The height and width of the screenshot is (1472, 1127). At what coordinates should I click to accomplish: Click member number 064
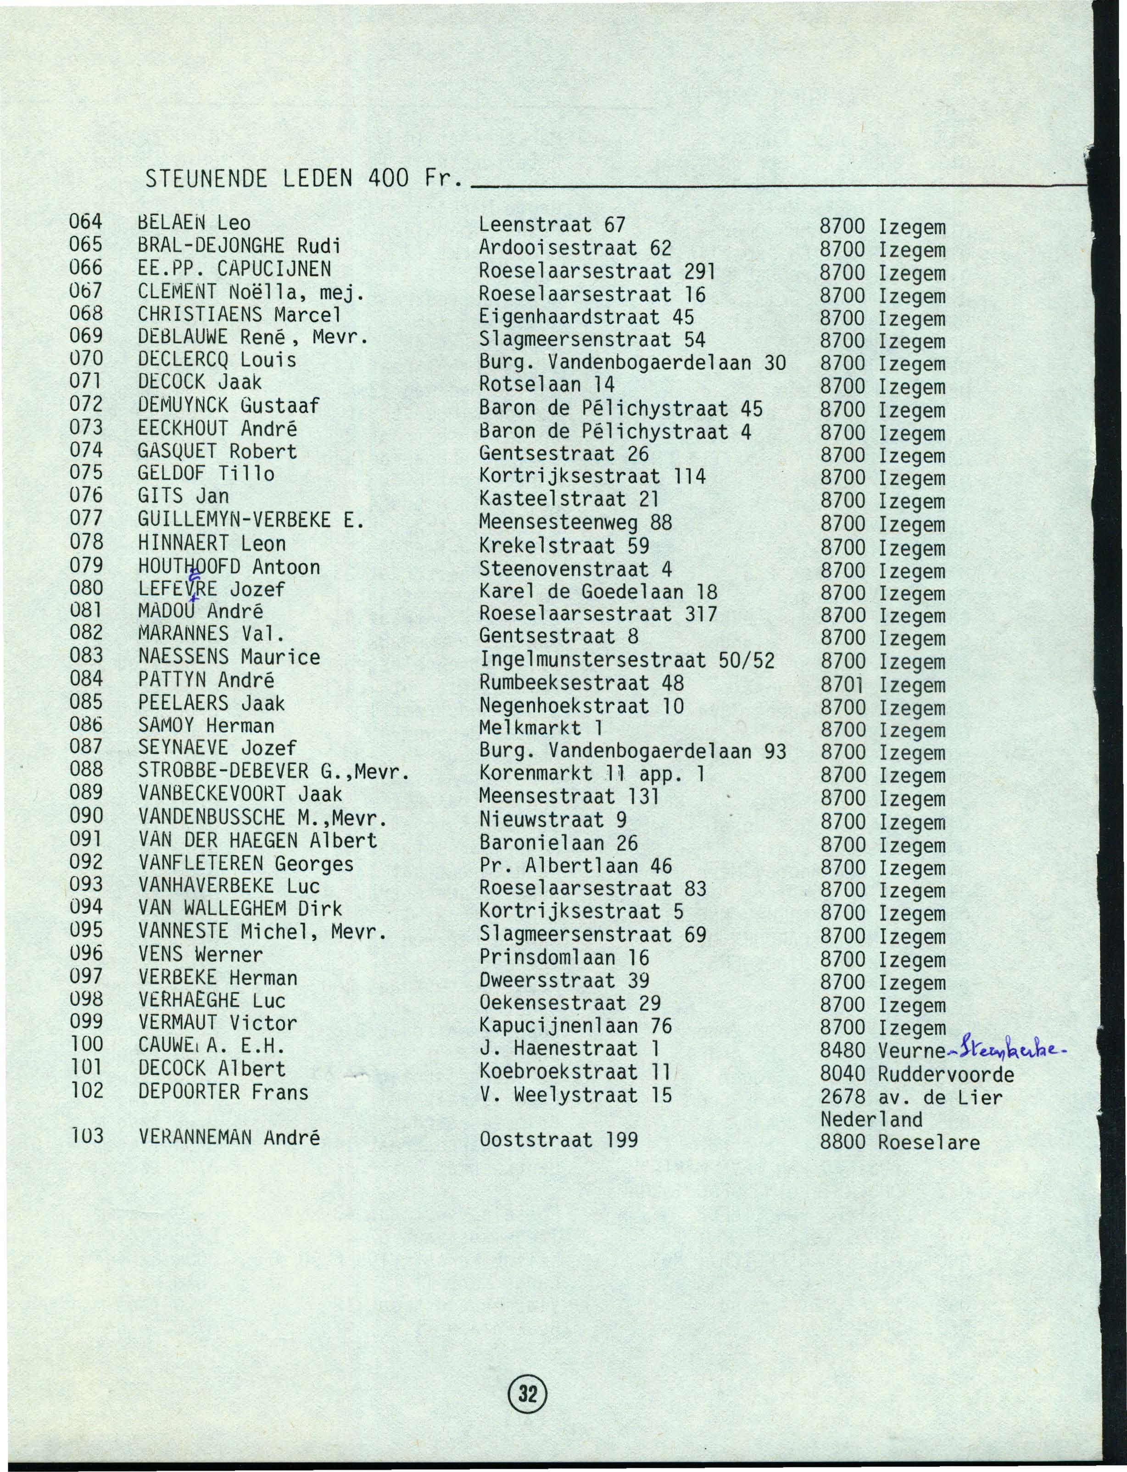click(86, 221)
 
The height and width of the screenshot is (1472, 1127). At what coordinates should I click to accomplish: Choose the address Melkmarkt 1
click(541, 728)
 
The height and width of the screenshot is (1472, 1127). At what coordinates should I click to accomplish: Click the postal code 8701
click(843, 684)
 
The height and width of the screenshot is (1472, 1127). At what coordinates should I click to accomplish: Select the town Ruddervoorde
click(945, 1074)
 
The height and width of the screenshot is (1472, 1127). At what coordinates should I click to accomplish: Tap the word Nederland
click(871, 1119)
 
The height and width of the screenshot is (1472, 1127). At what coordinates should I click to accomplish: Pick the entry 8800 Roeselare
click(899, 1142)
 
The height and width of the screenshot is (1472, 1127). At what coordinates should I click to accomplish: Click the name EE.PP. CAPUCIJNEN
click(234, 269)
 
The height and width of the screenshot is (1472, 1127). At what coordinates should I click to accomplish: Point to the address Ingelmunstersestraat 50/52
click(626, 660)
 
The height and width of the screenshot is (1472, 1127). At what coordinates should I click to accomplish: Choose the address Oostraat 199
click(558, 1139)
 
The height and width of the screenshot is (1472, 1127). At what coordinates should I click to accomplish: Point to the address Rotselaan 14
click(547, 385)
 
